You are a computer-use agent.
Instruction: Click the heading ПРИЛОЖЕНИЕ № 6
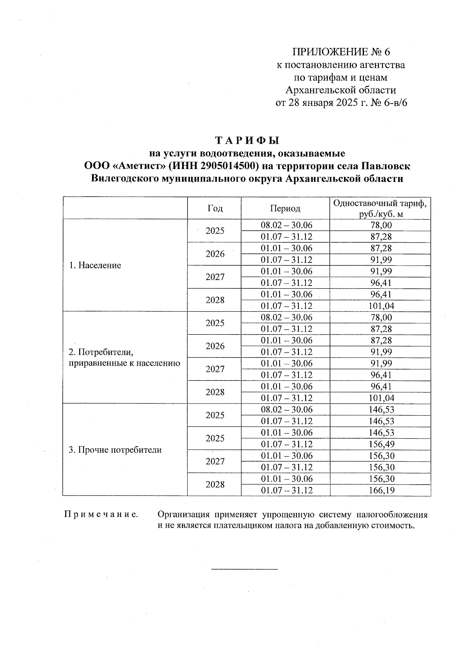pos(341,52)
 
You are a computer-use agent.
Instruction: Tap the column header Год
pos(215,208)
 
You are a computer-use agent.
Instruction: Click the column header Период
pos(285,208)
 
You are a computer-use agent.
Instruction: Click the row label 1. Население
pos(95,265)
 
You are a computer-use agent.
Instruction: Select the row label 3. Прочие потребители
pos(115,450)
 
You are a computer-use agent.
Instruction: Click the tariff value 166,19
pos(381,490)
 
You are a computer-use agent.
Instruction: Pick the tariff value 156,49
pos(381,444)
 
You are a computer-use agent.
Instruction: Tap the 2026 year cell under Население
pos(215,254)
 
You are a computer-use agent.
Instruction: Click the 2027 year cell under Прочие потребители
pos(215,462)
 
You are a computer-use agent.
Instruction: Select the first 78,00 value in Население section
pos(381,225)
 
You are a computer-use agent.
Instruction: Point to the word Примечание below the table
pos(101,515)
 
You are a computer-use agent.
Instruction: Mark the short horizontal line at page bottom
pos(244,569)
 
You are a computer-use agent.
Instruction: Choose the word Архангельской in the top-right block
pos(316,90)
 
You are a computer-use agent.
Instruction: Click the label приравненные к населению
pos(124,363)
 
